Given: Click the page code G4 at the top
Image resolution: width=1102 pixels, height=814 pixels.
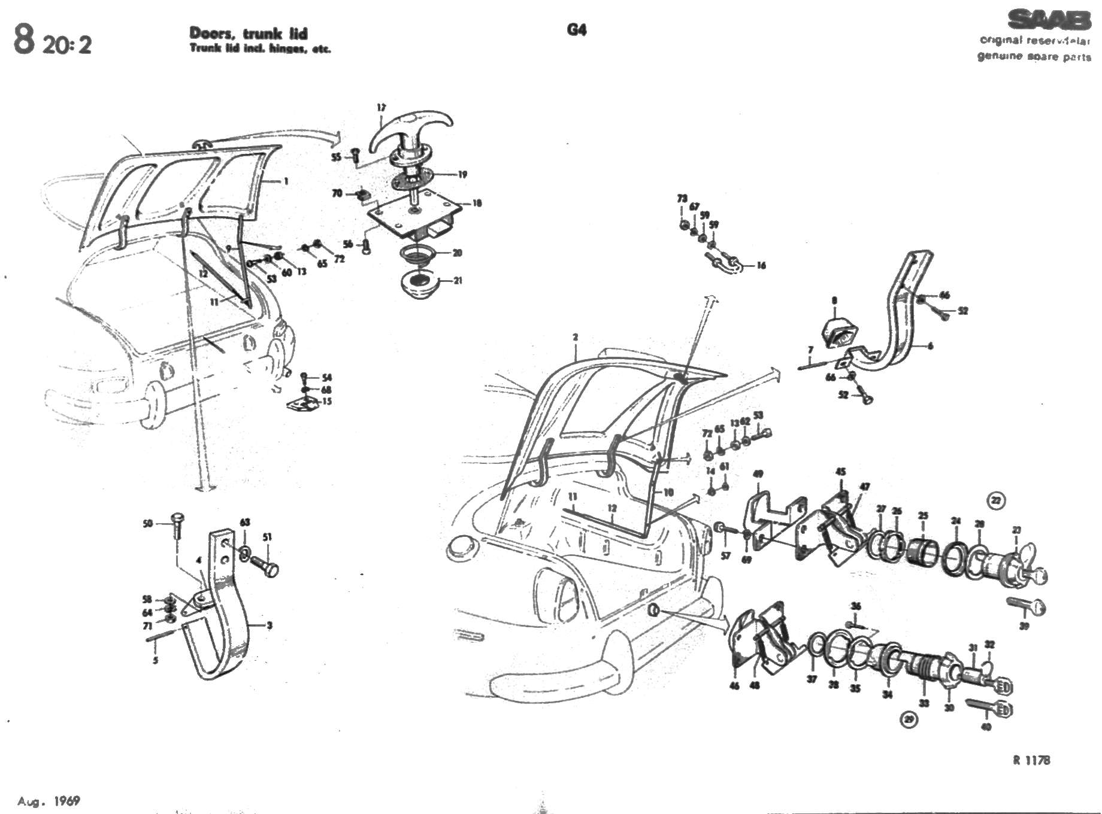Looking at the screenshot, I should [576, 30].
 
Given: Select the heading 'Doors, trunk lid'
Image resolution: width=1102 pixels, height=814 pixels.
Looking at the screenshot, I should [248, 34].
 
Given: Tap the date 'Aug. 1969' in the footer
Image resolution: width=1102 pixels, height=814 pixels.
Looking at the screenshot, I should [49, 801].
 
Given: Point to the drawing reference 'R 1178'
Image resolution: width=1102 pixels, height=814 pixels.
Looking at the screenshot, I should [1031, 760].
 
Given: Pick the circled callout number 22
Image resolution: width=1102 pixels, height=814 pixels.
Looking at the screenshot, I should [996, 500].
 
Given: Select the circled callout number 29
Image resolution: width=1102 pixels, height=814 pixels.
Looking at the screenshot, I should [909, 719].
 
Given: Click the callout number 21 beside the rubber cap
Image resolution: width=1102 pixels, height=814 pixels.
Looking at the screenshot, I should [458, 280].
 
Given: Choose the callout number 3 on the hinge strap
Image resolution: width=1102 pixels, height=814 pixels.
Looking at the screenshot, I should [270, 625].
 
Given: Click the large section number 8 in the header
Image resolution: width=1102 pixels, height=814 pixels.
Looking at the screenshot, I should [24, 41].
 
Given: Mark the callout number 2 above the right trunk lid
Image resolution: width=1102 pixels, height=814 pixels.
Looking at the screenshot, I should [575, 337].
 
